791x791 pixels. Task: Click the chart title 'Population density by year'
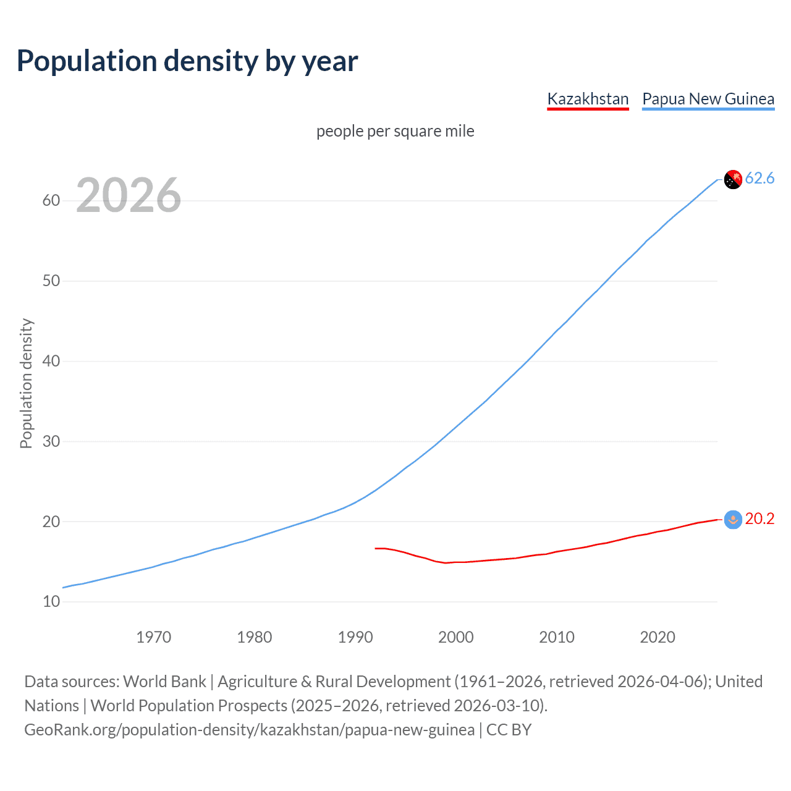(x=187, y=61)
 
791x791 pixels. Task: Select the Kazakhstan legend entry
(x=588, y=99)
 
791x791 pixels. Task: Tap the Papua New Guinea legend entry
(x=708, y=99)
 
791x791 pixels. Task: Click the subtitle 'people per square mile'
(x=395, y=131)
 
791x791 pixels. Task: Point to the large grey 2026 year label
(x=129, y=195)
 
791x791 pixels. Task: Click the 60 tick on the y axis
(x=51, y=201)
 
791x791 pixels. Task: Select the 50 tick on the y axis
(x=51, y=281)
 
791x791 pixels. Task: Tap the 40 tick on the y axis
(x=51, y=362)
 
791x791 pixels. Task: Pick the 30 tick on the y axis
(x=51, y=442)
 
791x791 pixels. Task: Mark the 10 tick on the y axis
(x=51, y=602)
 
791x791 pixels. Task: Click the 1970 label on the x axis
(x=153, y=637)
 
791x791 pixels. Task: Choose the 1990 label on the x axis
(x=355, y=637)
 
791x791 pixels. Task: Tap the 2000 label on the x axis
(x=456, y=637)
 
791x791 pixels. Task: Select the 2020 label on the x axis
(x=658, y=637)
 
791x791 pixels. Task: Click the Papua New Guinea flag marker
(x=733, y=179)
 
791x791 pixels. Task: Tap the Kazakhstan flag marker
(x=733, y=520)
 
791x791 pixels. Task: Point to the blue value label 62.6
(x=759, y=179)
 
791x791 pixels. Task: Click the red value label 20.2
(x=759, y=519)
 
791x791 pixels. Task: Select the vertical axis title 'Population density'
(x=26, y=383)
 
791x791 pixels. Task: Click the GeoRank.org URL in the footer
(x=249, y=730)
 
